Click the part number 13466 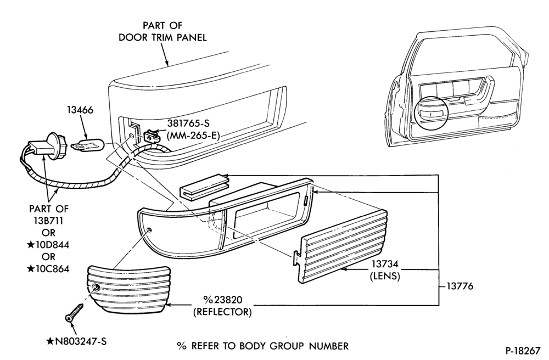tap(80, 110)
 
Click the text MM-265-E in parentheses tap(193, 136)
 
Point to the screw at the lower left tap(75, 312)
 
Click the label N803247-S tap(76, 341)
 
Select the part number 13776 tap(460, 286)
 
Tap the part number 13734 tap(385, 264)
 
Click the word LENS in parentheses tap(385, 276)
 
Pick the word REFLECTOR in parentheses tap(223, 312)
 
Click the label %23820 tap(223, 300)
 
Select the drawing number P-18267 tap(523, 351)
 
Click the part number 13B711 tap(49, 221)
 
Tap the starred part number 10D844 tap(48, 245)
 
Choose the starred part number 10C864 tap(48, 269)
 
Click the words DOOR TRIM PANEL tap(163, 37)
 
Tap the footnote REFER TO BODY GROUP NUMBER tap(270, 346)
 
